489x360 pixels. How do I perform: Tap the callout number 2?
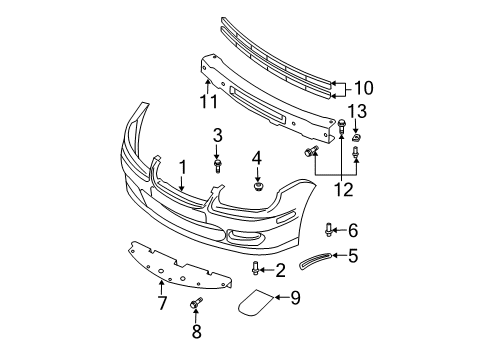click(x=280, y=268)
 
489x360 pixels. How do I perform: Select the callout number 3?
click(x=217, y=134)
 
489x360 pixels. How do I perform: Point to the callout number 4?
click(x=257, y=158)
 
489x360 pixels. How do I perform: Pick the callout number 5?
click(x=353, y=256)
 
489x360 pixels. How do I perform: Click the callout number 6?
click(x=353, y=230)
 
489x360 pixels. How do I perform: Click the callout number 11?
click(x=208, y=101)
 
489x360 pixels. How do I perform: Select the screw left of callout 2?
click(x=257, y=268)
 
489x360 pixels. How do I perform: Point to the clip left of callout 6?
click(x=331, y=230)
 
